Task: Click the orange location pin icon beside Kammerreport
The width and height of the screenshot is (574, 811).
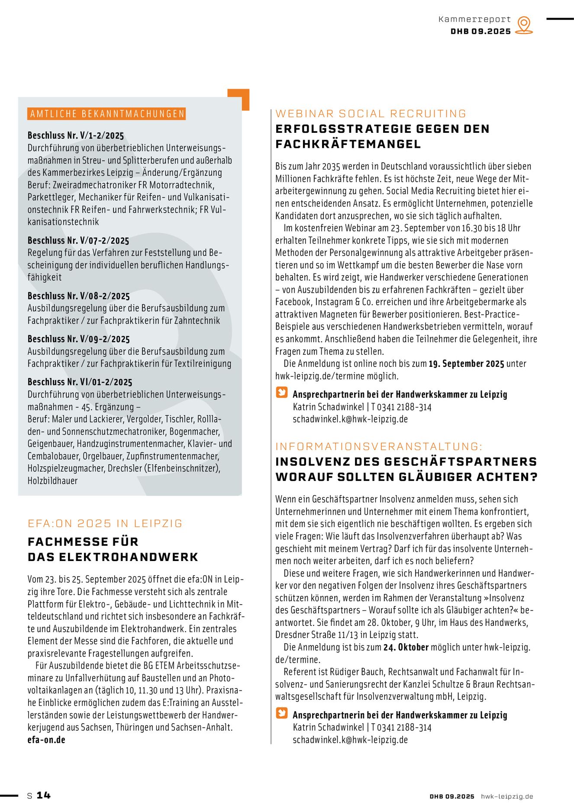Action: [524, 25]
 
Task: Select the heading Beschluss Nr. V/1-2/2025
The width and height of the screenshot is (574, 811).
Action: [76, 135]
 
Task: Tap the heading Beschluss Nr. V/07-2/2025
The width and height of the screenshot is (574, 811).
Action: [78, 240]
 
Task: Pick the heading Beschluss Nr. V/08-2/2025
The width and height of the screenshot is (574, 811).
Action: [78, 296]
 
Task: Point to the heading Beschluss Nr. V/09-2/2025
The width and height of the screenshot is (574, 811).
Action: [78, 339]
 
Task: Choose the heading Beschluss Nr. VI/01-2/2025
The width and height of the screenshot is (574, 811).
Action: [80, 382]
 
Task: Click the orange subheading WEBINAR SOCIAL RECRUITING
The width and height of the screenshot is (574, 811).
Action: [371, 114]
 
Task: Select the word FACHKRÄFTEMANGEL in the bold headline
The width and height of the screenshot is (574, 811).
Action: [348, 144]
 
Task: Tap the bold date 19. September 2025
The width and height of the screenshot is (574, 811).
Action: [466, 364]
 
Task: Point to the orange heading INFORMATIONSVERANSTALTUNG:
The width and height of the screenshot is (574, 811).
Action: [379, 446]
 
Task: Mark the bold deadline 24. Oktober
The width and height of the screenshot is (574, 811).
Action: [406, 648]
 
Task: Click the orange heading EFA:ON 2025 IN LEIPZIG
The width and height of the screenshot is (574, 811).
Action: [105, 523]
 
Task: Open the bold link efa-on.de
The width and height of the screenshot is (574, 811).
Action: [46, 740]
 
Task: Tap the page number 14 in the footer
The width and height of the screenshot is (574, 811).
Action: [43, 795]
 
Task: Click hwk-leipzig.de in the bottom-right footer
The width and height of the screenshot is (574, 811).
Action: [507, 796]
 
